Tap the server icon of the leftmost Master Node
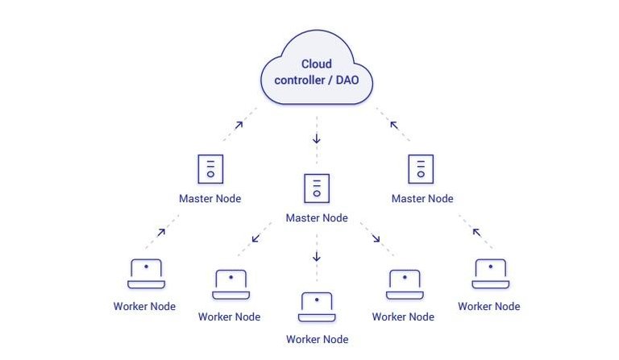point(210,169)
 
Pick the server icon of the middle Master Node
point(317,188)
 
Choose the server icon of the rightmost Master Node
point(421,169)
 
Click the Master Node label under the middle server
point(317,218)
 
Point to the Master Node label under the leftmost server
point(210,199)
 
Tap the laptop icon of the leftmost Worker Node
point(146,274)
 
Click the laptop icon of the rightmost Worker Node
point(489,274)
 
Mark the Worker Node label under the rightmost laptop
point(489,307)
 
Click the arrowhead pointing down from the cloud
point(317,139)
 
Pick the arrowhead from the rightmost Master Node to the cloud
point(394,124)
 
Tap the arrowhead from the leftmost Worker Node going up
point(161,232)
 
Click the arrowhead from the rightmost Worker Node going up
point(476,232)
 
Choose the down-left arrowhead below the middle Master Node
point(255,238)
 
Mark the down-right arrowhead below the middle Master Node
point(376,238)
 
